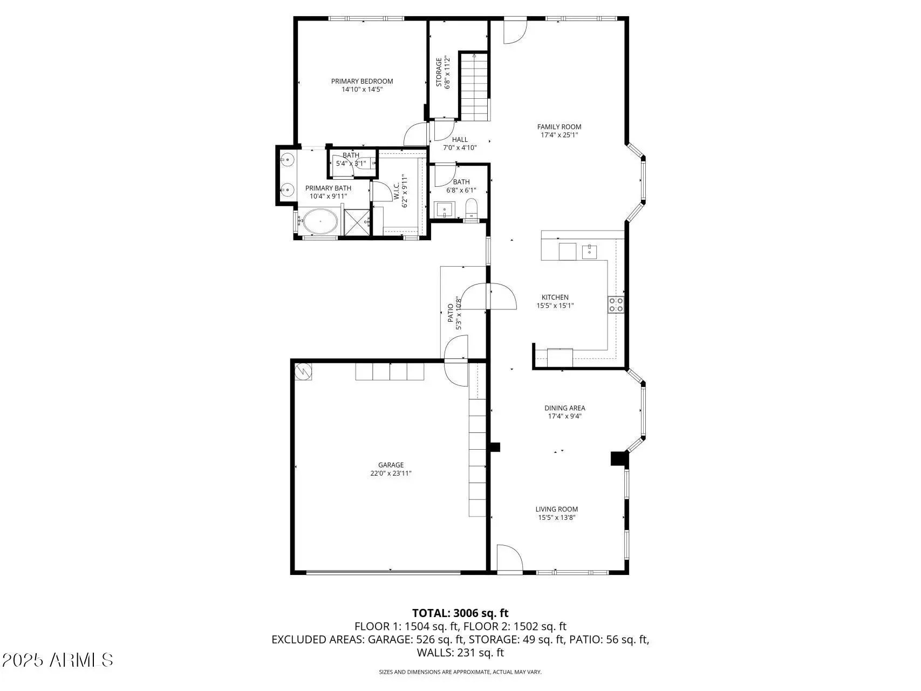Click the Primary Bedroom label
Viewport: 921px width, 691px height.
(x=362, y=82)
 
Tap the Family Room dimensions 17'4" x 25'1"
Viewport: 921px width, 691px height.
(x=559, y=136)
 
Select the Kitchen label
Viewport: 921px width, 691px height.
(x=555, y=297)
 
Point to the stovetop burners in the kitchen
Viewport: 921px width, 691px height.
(x=616, y=304)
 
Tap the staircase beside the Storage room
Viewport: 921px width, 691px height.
(x=474, y=86)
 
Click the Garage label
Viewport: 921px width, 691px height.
(x=391, y=465)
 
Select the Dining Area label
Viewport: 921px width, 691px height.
(x=564, y=408)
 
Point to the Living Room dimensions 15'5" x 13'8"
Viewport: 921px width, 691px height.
(x=557, y=518)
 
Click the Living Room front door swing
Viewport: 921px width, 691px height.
(x=509, y=558)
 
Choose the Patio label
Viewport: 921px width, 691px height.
(x=451, y=316)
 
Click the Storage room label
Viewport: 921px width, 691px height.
(x=439, y=72)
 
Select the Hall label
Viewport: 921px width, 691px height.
(x=460, y=140)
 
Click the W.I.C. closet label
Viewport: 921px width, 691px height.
(x=397, y=192)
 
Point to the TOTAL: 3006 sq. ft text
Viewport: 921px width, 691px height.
(x=460, y=613)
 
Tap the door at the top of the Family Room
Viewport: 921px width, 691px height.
(x=515, y=31)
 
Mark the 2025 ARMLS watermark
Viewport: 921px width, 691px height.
(x=58, y=660)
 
